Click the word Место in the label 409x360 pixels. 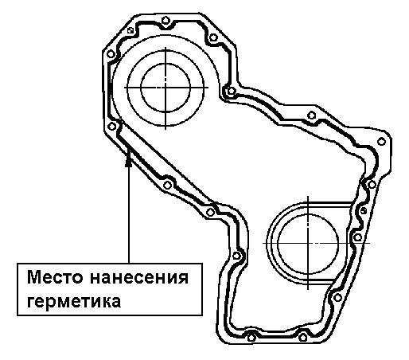(55, 277)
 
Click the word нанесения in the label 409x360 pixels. (139, 278)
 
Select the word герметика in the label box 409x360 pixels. (74, 302)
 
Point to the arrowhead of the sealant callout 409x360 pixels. (129, 162)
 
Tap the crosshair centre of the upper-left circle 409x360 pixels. (166, 88)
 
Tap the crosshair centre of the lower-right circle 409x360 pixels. (308, 243)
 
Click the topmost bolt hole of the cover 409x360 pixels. (166, 20)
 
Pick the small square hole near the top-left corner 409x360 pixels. (130, 30)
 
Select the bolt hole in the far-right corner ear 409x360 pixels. (381, 142)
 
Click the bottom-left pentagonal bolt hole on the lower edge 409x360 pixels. (251, 338)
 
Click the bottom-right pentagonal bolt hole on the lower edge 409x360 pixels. (303, 338)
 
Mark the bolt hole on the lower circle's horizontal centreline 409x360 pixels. (358, 237)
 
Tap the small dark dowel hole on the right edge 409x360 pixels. (364, 211)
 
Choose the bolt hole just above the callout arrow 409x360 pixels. (112, 127)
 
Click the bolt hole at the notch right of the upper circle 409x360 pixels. (232, 91)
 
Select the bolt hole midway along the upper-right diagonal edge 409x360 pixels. (312, 115)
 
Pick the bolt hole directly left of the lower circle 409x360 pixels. (236, 256)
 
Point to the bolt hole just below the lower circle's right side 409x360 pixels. (337, 298)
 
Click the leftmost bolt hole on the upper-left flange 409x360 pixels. (111, 54)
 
